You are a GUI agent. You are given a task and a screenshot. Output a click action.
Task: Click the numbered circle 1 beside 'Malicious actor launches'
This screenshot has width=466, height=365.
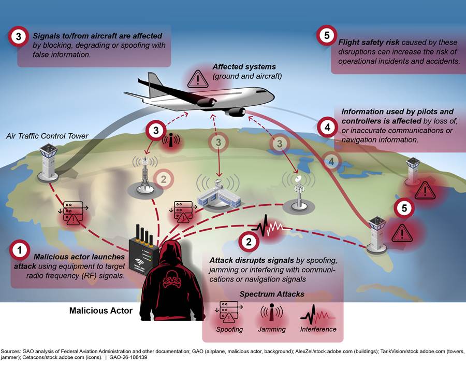pos(20,250)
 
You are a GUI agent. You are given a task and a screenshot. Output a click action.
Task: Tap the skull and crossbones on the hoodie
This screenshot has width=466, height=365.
pos(171,279)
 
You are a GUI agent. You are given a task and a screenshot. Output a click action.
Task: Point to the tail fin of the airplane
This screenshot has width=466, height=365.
pos(155,84)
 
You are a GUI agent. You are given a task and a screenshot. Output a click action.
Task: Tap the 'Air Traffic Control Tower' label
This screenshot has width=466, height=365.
pos(47,136)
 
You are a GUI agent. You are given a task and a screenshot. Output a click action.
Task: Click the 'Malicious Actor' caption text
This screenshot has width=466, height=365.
pos(101,311)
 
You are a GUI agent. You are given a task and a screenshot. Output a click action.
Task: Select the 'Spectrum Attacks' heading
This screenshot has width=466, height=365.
pos(272,294)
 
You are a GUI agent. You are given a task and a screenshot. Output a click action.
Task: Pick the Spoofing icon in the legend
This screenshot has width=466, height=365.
pos(229,312)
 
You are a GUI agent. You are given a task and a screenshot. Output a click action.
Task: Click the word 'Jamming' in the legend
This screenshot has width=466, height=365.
pos(272,329)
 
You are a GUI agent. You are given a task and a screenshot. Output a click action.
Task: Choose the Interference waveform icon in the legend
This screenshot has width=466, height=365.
pos(317,314)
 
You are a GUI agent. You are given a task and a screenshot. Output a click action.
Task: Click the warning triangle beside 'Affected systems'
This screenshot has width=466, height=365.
pos(198,79)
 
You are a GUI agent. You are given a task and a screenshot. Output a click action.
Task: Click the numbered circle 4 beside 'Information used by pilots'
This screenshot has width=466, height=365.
pos(327,128)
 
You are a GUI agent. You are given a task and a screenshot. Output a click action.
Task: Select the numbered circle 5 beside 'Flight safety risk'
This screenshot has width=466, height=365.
pos(327,35)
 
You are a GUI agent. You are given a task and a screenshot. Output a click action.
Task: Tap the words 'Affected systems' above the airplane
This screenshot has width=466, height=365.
pos(244,67)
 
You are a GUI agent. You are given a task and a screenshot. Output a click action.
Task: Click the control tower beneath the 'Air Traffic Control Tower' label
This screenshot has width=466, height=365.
pos(48,162)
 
